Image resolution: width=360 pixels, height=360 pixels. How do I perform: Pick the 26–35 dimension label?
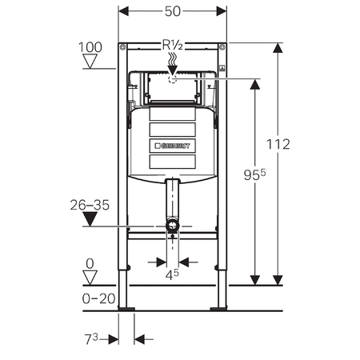pyautogui.click(x=90, y=205)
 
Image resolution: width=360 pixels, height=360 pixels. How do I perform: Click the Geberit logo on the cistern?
pyautogui.click(x=173, y=146)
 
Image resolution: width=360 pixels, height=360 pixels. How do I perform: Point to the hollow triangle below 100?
pyautogui.click(x=92, y=63)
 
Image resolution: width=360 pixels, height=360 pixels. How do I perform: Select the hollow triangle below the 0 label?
pyautogui.click(x=90, y=277)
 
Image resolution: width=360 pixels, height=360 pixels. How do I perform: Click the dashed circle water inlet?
pyautogui.click(x=172, y=78)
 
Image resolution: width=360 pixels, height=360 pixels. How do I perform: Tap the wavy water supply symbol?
pyautogui.click(x=172, y=59)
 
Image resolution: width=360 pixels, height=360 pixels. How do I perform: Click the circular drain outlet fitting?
pyautogui.click(x=172, y=227)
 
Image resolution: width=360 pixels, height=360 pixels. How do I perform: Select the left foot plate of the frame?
pyautogui.click(x=126, y=308)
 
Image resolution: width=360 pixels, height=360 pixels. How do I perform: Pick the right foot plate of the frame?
pyautogui.click(x=218, y=308)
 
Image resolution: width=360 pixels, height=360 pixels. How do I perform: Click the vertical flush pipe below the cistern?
pyautogui.click(x=172, y=200)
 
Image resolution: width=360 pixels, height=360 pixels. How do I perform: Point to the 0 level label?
pyautogui.click(x=90, y=263)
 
